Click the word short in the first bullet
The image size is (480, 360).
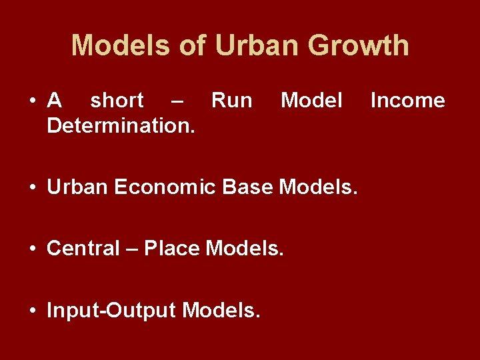click(x=117, y=101)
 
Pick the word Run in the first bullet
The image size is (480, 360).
click(x=231, y=101)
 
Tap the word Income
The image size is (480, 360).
click(x=407, y=101)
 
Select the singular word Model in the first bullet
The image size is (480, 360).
click(x=311, y=101)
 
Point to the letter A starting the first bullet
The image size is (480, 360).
click(x=55, y=101)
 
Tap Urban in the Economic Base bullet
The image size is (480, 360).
click(x=77, y=187)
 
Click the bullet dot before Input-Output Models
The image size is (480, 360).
click(x=33, y=311)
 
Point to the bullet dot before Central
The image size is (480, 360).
click(x=33, y=249)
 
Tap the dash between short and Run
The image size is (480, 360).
click(x=177, y=101)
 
